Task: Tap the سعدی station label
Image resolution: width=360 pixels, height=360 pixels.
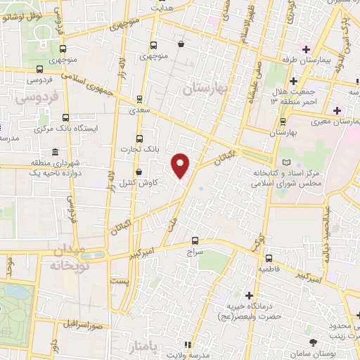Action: click(x=139, y=110)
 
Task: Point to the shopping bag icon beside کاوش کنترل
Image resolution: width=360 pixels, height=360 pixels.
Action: click(x=139, y=171)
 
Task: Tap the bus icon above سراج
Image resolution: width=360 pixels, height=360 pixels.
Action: click(x=195, y=240)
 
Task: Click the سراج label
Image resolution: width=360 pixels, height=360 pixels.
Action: click(x=195, y=250)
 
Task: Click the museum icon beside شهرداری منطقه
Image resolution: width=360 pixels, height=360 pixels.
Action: click(x=55, y=153)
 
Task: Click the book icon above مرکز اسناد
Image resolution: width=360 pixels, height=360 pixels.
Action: click(x=285, y=162)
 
